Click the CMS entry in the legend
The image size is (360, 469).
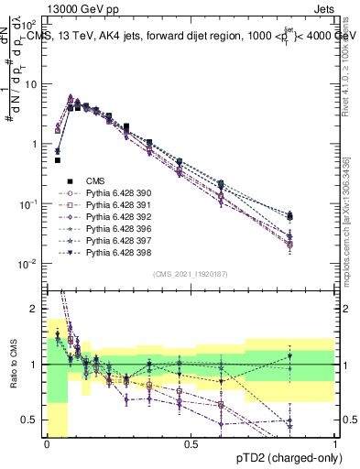pyautogui.click(x=96, y=181)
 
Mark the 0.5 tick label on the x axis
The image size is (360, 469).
pyautogui.click(x=191, y=443)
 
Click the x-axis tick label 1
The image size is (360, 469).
pyautogui.click(x=334, y=443)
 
